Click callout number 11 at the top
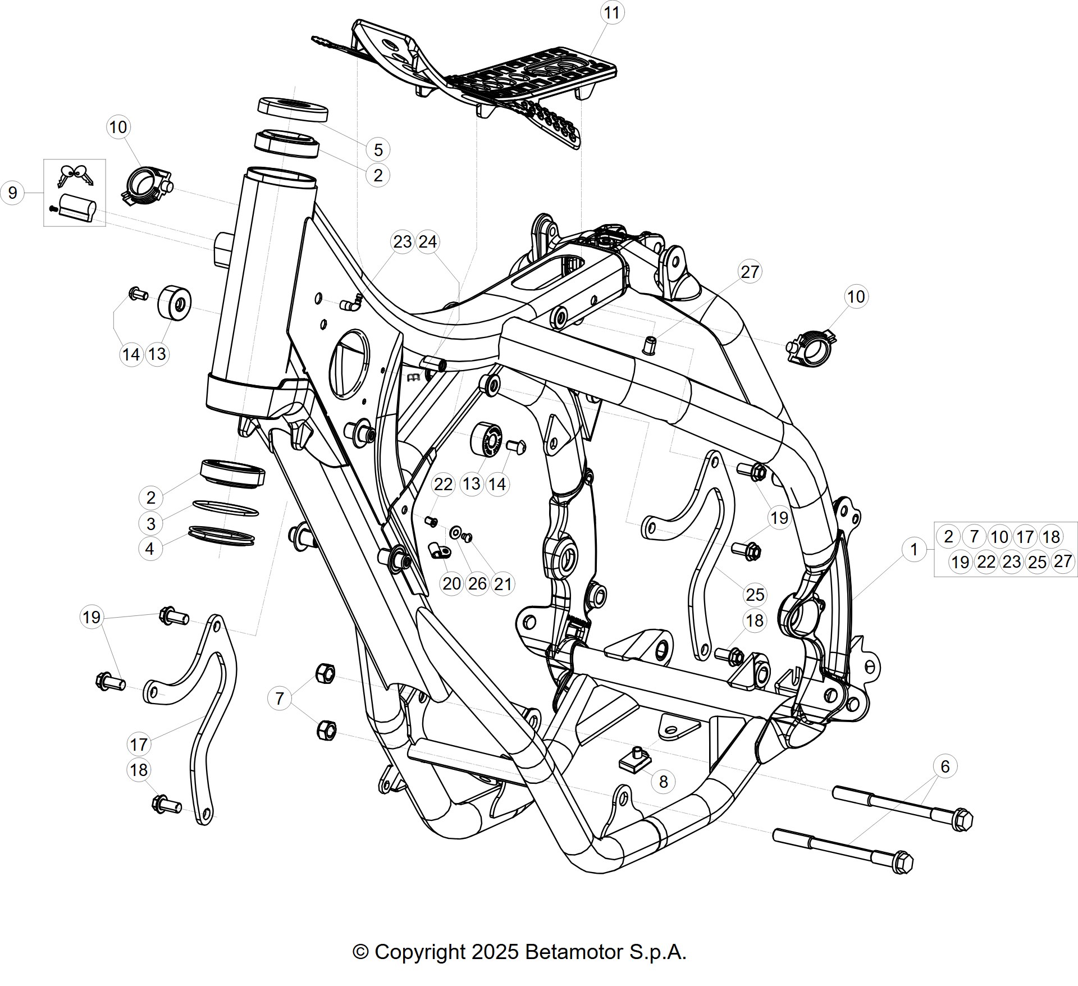pos(612,12)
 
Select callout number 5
pos(378,150)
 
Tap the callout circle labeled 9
pos(12,193)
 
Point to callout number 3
pos(150,523)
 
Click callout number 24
pos(428,242)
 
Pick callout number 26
pos(477,584)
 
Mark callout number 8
pos(663,782)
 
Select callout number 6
pos(945,766)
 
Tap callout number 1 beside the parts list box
pos(914,549)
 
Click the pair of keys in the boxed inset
pos(74,175)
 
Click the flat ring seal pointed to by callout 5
pos(293,110)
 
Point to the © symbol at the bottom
pos(360,952)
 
